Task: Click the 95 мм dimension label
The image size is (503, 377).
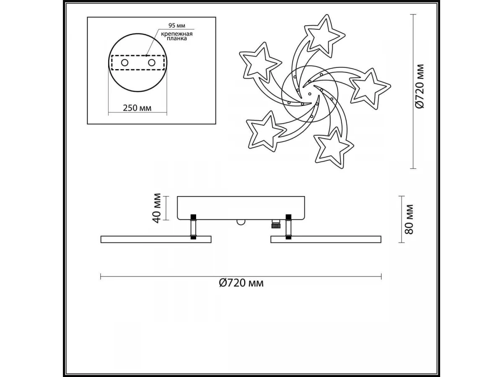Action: [177, 26]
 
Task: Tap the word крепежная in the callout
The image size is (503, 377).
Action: [176, 34]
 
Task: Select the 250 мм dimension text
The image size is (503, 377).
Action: [137, 108]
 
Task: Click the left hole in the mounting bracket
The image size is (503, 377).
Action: [124, 62]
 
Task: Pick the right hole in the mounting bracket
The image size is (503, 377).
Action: [151, 62]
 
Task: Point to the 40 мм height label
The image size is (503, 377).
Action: [157, 208]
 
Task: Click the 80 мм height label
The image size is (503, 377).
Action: [409, 219]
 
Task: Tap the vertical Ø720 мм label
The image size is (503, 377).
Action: [419, 86]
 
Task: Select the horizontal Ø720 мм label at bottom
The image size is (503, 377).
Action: [241, 283]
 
